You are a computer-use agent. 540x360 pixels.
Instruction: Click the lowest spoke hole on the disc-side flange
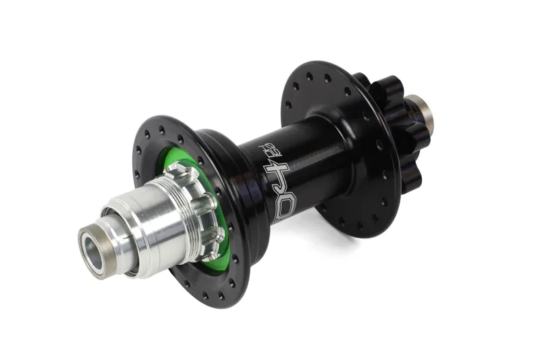[x=359, y=226]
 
